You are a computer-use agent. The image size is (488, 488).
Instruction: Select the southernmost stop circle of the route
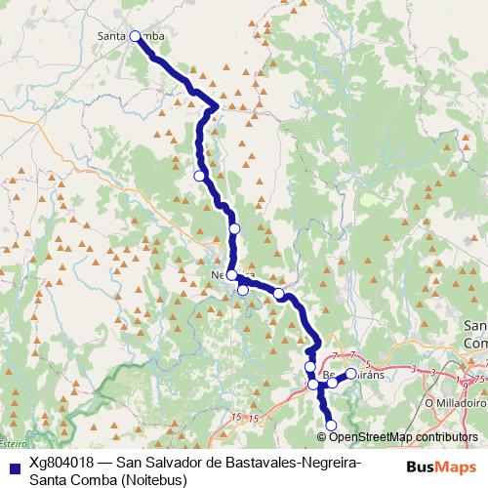coord(331,425)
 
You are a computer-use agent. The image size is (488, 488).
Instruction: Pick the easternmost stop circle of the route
coord(351,374)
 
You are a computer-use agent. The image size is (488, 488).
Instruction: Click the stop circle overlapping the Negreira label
coord(231,275)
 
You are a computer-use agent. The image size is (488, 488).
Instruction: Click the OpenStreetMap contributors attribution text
coord(403,436)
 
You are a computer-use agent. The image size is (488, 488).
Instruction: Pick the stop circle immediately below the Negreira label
coord(243,290)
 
